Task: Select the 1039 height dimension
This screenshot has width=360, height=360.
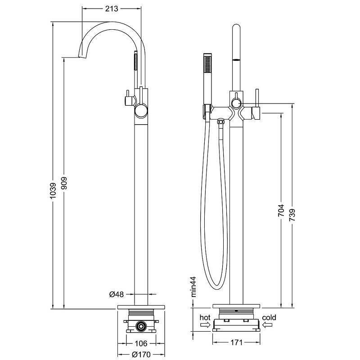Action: click(x=53, y=191)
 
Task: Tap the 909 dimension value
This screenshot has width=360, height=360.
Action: click(x=64, y=182)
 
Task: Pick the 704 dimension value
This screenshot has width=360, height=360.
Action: click(x=281, y=211)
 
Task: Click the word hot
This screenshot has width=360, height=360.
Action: click(x=205, y=318)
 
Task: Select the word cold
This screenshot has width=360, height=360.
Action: click(x=269, y=318)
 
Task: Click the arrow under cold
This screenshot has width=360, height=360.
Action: click(x=269, y=325)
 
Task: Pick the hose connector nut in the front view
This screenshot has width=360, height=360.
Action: click(x=220, y=121)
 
